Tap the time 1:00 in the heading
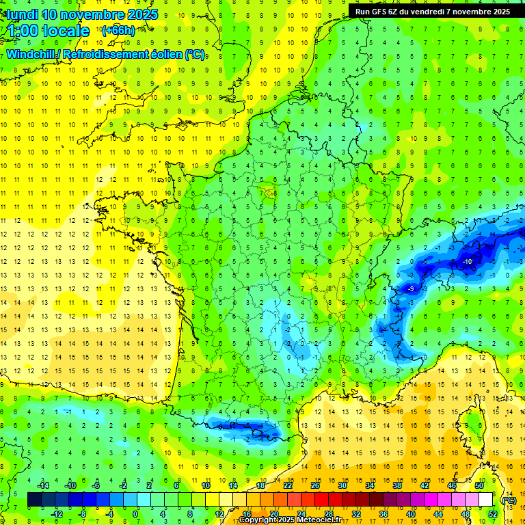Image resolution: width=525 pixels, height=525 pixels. (x=22, y=31)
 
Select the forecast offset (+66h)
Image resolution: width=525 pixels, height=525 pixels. (x=118, y=31)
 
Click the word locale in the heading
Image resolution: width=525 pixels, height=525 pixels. (x=66, y=31)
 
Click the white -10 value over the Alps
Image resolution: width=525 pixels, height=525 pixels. (x=468, y=262)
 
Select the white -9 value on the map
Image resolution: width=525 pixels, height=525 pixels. (x=410, y=289)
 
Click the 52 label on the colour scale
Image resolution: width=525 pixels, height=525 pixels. (x=493, y=513)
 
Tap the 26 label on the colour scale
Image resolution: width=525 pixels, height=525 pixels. (x=315, y=485)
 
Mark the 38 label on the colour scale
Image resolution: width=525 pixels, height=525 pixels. (x=397, y=485)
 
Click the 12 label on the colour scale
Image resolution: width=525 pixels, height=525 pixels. (x=219, y=513)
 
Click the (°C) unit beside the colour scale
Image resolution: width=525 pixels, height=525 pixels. (x=509, y=500)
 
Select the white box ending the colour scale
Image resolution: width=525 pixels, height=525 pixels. (x=485, y=500)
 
